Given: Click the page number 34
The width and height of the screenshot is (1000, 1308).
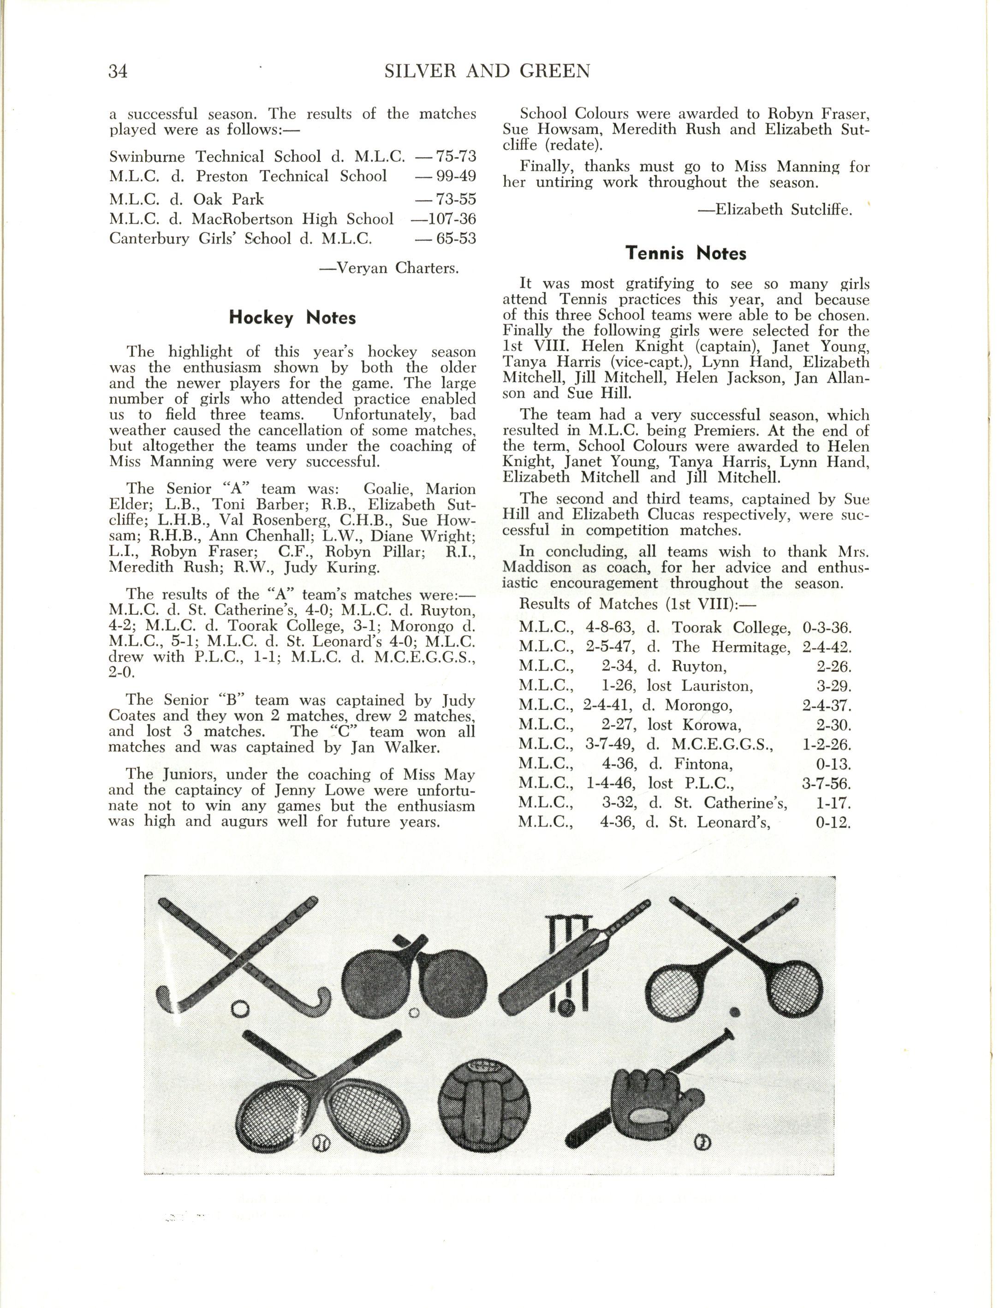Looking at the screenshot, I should point(118,71).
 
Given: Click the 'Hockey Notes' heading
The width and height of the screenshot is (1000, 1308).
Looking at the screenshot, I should point(292,318).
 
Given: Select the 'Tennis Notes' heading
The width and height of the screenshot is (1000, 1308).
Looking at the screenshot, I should point(686,254).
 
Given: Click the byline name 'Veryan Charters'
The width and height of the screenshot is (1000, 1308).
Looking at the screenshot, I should point(397,268).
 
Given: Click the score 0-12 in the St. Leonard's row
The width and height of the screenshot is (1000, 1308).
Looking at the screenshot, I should point(833,823).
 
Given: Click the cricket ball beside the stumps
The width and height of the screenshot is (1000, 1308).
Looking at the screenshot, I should point(565,1007).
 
